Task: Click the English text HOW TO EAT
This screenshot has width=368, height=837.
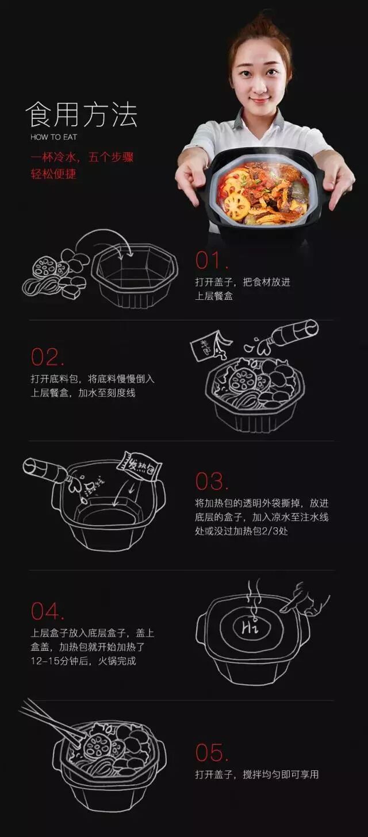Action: tap(53, 137)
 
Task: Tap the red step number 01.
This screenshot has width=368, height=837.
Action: tap(212, 260)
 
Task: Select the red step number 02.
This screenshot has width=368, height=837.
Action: tap(47, 357)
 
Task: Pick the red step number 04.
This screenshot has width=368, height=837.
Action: tap(47, 611)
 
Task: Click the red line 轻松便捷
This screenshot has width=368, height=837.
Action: tap(53, 173)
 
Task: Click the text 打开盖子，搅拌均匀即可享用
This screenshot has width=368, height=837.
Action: tap(256, 774)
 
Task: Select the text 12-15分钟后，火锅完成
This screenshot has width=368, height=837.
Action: tap(83, 661)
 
